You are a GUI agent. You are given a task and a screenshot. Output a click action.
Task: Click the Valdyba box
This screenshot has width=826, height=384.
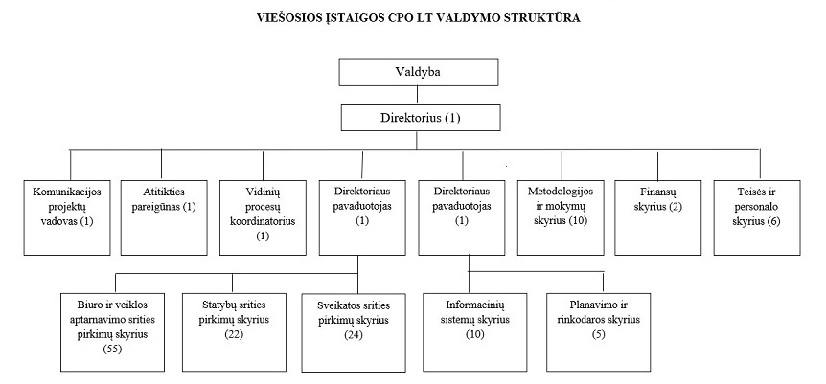click(418, 72)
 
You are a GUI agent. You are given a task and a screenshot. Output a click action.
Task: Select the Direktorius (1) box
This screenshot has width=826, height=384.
click(421, 118)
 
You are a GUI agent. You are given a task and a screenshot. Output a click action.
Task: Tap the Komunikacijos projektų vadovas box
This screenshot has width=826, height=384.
click(67, 217)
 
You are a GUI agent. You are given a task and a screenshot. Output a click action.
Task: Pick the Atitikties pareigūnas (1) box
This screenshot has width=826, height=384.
click(164, 217)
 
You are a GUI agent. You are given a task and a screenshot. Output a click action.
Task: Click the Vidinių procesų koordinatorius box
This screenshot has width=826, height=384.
click(263, 217)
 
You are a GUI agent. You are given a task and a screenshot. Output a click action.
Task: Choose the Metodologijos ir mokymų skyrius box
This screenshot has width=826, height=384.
click(561, 217)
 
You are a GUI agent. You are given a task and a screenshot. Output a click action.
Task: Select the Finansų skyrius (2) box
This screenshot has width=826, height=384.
click(658, 217)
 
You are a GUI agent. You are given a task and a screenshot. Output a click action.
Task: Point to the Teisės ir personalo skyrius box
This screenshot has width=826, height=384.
click(757, 217)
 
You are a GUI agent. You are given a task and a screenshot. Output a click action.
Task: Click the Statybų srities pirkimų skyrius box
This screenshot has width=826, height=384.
click(234, 332)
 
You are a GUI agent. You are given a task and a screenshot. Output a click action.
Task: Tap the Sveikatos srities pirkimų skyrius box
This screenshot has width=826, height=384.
click(354, 333)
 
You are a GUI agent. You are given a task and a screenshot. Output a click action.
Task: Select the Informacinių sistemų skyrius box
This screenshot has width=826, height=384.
click(475, 332)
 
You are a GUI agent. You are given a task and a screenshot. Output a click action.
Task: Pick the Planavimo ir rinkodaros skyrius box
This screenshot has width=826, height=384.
click(599, 332)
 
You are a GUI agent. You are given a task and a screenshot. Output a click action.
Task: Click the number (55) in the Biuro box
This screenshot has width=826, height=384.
click(113, 349)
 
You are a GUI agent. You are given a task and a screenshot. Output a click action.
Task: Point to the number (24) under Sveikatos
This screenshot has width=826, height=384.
click(354, 334)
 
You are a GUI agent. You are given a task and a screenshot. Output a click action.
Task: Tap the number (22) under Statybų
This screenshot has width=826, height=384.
click(234, 334)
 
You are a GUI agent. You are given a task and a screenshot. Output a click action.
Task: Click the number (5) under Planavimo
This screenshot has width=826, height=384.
click(599, 334)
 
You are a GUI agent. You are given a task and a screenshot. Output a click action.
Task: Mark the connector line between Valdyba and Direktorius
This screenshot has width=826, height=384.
click(418, 95)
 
